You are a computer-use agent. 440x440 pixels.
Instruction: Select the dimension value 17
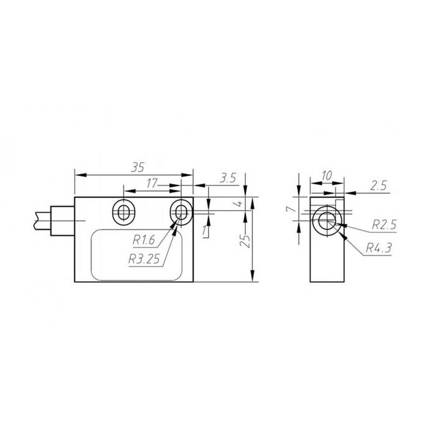pyautogui.click(x=152, y=183)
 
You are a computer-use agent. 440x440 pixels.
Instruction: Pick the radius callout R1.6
pyautogui.click(x=144, y=240)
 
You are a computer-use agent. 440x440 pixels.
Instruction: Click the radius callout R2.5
pyautogui.click(x=383, y=225)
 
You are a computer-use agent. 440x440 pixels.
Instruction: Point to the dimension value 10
pyautogui.click(x=327, y=176)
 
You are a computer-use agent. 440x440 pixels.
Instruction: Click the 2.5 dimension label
pyautogui.click(x=379, y=186)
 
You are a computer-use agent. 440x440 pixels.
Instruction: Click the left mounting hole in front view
pyautogui.click(x=124, y=212)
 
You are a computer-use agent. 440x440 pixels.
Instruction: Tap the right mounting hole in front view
pyautogui.click(x=181, y=212)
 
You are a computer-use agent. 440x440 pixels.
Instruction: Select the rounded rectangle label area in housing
pyautogui.click(x=137, y=255)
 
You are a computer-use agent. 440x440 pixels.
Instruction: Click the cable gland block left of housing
pyautogui.click(x=62, y=221)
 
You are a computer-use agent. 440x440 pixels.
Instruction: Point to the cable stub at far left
pyautogui.click(x=42, y=221)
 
